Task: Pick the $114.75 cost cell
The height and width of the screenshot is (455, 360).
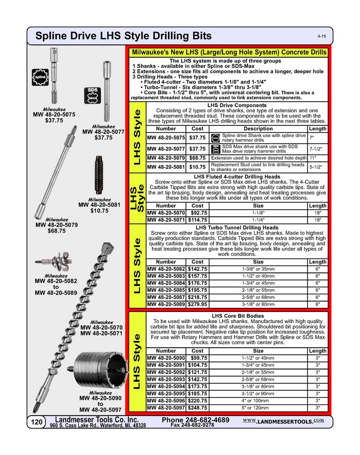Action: (198, 220)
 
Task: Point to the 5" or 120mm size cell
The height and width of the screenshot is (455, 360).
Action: (258, 407)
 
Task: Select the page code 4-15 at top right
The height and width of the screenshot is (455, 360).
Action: (322, 37)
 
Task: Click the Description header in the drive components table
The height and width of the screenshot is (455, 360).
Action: (258, 129)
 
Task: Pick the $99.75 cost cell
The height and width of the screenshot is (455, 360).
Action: (198, 358)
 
